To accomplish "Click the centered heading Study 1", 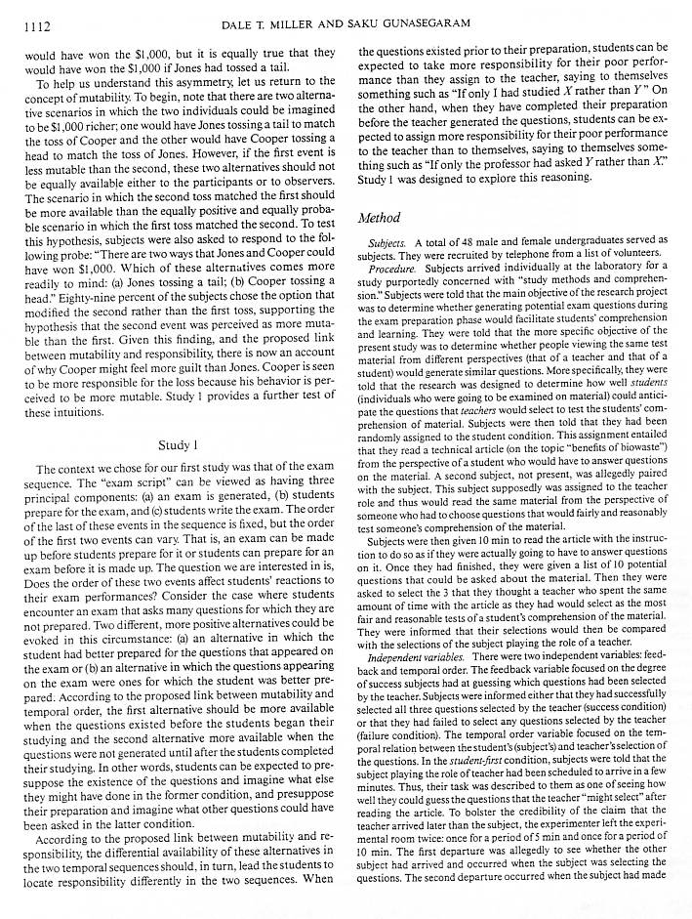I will pos(180,444).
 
